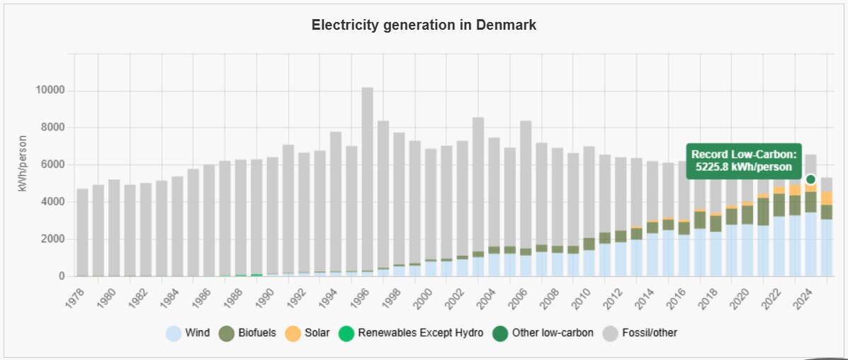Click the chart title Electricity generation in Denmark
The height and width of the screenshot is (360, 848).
(x=424, y=26)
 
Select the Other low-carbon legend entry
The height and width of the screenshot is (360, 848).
(x=544, y=332)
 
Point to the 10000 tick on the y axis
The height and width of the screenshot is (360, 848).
(x=51, y=91)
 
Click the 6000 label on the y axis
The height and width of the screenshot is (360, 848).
(x=54, y=165)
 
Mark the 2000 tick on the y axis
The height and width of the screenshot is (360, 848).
(x=54, y=240)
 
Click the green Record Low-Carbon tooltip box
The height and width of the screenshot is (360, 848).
(x=744, y=161)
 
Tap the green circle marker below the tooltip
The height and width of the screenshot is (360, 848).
(x=811, y=179)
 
